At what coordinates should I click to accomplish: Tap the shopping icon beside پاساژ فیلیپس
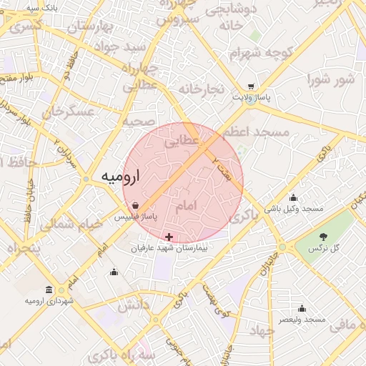pyautogui.click(x=136, y=205)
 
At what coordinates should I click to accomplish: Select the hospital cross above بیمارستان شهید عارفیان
pyautogui.click(x=169, y=237)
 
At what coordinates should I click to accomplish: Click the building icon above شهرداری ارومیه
pyautogui.click(x=49, y=290)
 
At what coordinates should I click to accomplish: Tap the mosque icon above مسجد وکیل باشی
pyautogui.click(x=293, y=197)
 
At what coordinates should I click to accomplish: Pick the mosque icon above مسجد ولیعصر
pyautogui.click(x=302, y=309)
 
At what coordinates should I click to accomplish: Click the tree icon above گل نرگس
pyautogui.click(x=323, y=237)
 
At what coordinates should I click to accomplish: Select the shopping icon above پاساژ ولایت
pyautogui.click(x=251, y=87)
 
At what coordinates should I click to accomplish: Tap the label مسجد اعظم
pyautogui.click(x=255, y=132)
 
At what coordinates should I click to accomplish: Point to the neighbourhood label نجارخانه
pyautogui.click(x=202, y=89)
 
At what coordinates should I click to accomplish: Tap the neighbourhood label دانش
pyautogui.click(x=134, y=306)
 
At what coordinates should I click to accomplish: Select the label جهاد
pyautogui.click(x=264, y=332)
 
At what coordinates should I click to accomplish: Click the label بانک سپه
pyautogui.click(x=41, y=7)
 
